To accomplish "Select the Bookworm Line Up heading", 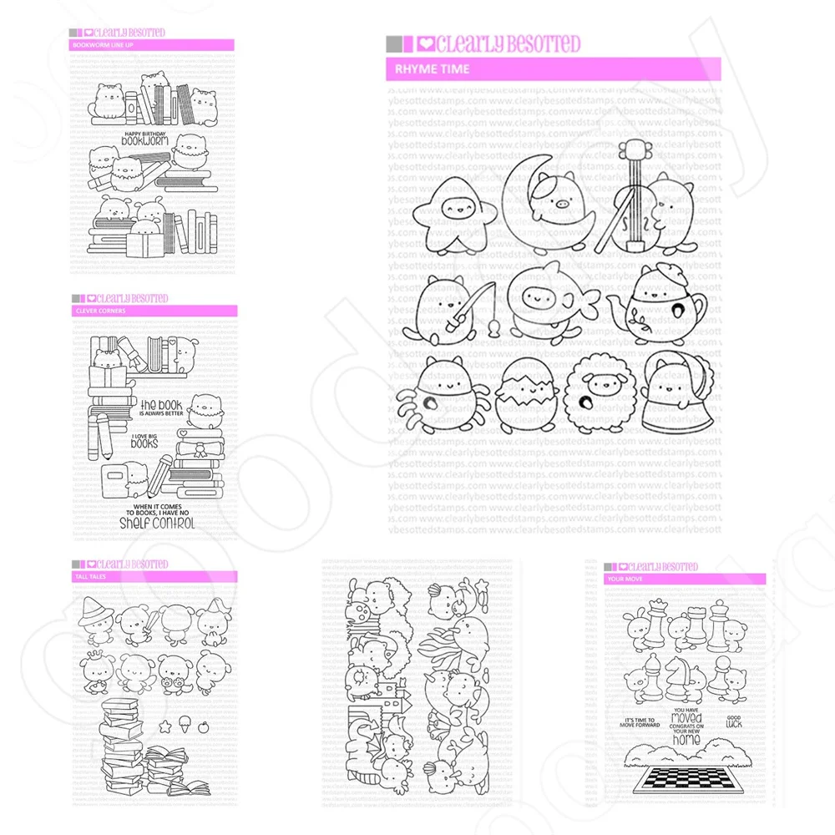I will (x=102, y=45).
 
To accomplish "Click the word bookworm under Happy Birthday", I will (x=144, y=143).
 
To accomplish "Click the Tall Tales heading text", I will (x=90, y=576).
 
